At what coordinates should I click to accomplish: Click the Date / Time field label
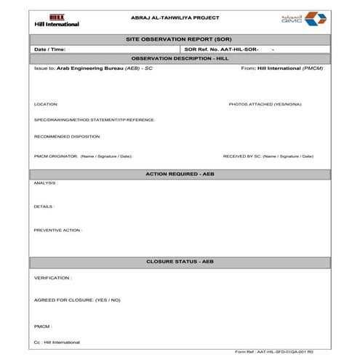[50, 49]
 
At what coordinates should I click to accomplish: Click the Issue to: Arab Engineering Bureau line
[93, 68]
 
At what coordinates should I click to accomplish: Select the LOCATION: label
[46, 104]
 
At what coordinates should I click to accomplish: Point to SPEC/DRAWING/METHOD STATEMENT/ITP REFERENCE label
[94, 120]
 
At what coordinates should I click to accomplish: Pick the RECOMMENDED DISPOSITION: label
[67, 136]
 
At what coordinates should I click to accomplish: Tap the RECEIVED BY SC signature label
[268, 156]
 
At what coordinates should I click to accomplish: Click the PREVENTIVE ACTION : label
[58, 230]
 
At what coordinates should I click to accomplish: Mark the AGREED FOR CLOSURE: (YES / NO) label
[77, 300]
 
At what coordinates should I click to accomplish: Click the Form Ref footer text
[275, 351]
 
